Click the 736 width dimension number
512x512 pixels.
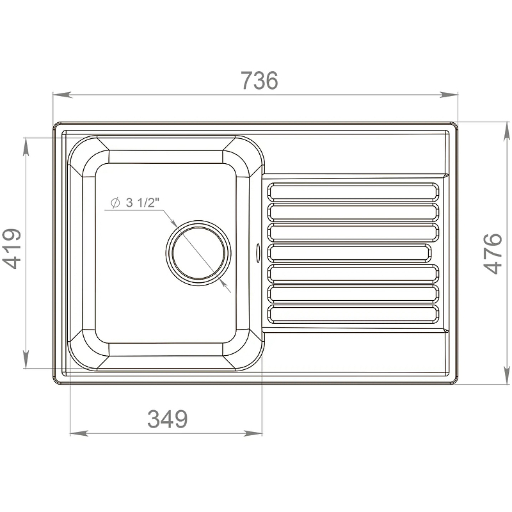(x=260, y=81)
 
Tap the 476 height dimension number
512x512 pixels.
(x=493, y=253)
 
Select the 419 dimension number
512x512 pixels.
(x=12, y=248)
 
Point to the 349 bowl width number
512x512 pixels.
(x=168, y=419)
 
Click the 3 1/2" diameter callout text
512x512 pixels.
(x=142, y=203)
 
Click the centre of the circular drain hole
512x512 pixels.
(x=198, y=253)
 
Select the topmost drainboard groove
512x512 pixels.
(x=353, y=191)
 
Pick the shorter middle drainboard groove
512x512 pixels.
(x=349, y=253)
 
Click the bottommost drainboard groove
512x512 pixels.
(x=353, y=314)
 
